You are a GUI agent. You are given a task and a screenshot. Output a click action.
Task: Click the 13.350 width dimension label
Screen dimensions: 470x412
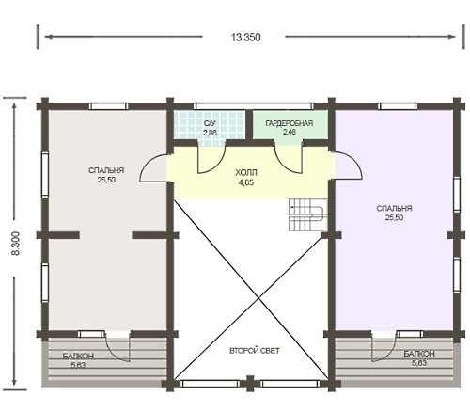[246, 38]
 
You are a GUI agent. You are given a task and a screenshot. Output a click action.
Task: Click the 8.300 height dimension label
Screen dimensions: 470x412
[16, 244]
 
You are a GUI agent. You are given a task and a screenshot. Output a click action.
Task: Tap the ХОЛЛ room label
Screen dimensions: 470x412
[246, 172]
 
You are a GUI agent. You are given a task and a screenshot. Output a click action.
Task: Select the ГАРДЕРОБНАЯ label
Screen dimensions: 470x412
[290, 123]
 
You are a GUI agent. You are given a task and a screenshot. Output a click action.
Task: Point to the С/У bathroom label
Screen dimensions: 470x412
[210, 123]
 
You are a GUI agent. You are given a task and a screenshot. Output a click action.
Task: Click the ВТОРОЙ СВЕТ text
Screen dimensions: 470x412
[255, 351]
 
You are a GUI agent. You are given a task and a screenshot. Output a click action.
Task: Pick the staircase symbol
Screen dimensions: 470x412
[307, 215]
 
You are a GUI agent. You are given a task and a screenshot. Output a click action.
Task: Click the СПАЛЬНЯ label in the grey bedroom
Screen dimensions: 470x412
[106, 170]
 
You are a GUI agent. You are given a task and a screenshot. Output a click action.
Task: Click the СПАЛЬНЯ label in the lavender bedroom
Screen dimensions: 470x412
[394, 208]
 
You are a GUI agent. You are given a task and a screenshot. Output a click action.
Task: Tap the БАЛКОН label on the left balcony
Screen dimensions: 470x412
[78, 357]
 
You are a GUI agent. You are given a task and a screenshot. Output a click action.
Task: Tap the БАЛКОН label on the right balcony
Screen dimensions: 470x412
[419, 354]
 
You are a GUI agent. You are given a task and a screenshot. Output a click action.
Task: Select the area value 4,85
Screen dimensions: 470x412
[246, 182]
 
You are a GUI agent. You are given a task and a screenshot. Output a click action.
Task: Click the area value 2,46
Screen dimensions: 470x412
[290, 132]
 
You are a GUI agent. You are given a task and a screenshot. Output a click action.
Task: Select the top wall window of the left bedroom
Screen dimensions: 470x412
[108, 106]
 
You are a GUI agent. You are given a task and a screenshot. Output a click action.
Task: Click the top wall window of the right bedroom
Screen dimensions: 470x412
[398, 106]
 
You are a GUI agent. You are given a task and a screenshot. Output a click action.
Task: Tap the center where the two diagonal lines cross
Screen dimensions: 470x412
[258, 297]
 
